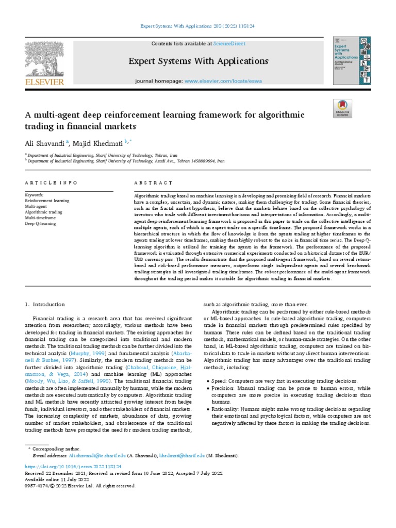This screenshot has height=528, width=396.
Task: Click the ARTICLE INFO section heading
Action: (51, 183)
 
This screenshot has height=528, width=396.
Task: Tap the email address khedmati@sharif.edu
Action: (188, 456)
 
